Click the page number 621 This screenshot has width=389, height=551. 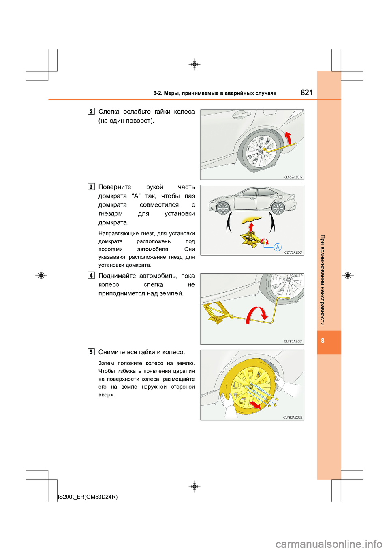coord(307,93)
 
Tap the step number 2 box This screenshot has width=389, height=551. coord(91,111)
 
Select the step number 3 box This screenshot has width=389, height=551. coord(91,187)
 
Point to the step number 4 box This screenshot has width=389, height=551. coord(91,275)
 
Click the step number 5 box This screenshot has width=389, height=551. coord(91,352)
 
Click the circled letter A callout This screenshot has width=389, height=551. coord(278,247)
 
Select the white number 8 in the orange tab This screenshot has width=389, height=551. coord(323,341)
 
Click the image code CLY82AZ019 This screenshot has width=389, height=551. coord(293,177)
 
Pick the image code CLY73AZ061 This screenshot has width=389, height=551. coord(293,252)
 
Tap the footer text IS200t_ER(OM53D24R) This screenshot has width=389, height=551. coord(88,497)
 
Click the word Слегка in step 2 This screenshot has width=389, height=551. coord(109,112)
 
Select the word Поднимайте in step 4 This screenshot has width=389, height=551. coord(117,276)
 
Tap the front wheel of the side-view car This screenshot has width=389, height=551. coord(223,208)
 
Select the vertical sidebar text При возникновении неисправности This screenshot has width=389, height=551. coord(323,280)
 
